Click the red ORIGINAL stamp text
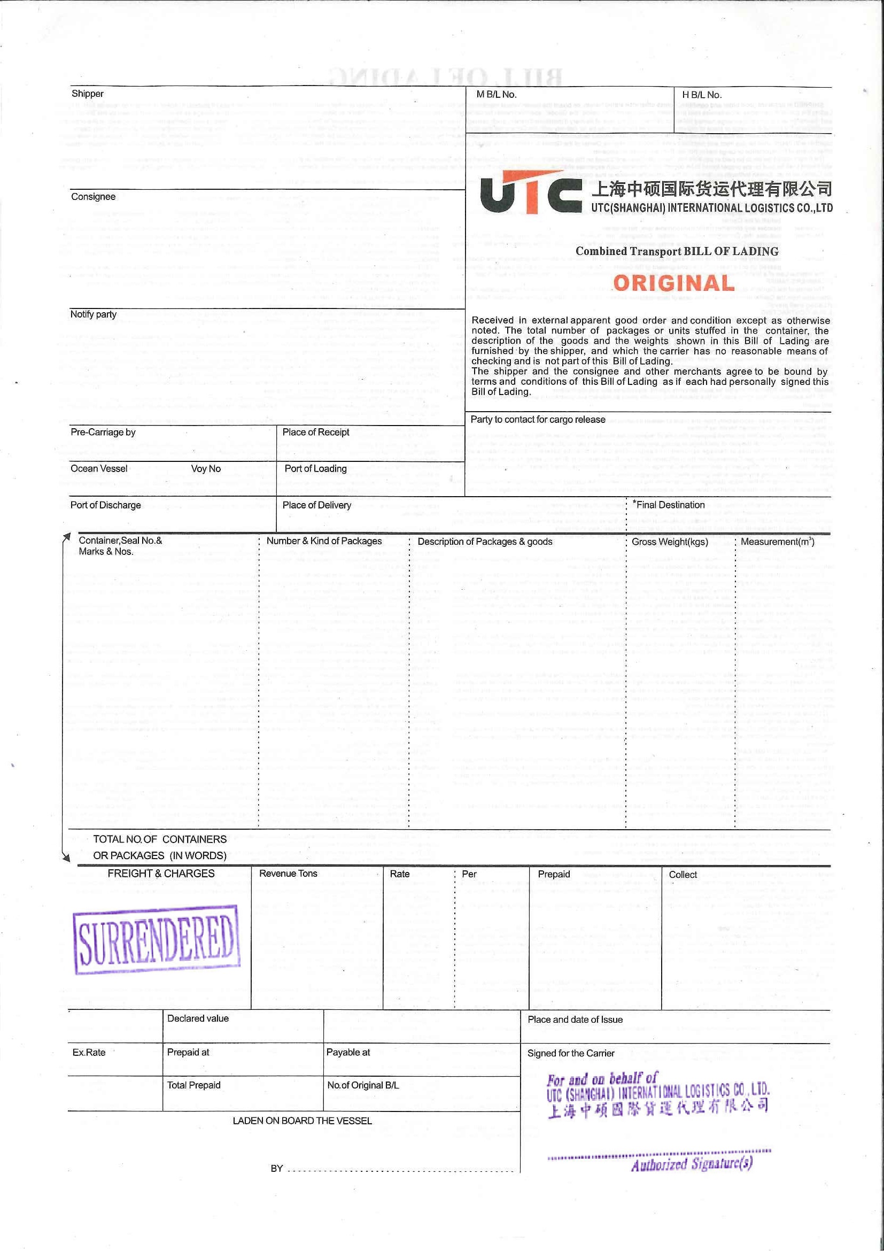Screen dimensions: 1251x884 pyautogui.click(x=673, y=283)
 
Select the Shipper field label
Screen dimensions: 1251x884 pyautogui.click(x=87, y=94)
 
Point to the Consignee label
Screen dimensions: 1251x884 pyautogui.click(x=93, y=197)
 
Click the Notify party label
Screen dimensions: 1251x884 pyautogui.click(x=93, y=314)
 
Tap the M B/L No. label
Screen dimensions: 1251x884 pyautogui.click(x=495, y=94)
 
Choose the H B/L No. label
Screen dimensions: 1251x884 pyautogui.click(x=702, y=94)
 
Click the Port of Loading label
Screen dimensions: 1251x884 pyautogui.click(x=315, y=468)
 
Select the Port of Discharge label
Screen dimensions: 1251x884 pyautogui.click(x=105, y=505)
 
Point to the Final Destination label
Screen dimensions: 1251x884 pyautogui.click(x=669, y=505)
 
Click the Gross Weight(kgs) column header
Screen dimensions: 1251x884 pyautogui.click(x=669, y=542)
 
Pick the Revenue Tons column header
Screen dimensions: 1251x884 pyautogui.click(x=288, y=874)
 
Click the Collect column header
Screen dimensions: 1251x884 pyautogui.click(x=683, y=875)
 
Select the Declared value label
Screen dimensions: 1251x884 pyautogui.click(x=198, y=1018)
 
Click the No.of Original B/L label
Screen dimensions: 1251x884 pyautogui.click(x=363, y=1085)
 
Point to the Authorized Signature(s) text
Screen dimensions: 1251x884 pyautogui.click(x=692, y=1164)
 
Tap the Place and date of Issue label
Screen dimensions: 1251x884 pyautogui.click(x=575, y=1020)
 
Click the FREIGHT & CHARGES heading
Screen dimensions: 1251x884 pyautogui.click(x=161, y=874)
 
